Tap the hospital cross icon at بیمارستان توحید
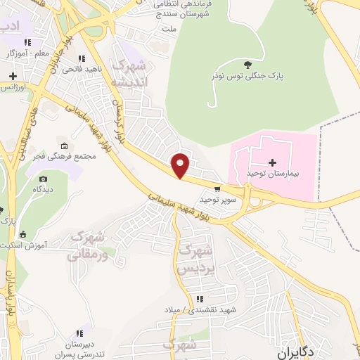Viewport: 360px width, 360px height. click(x=272, y=163)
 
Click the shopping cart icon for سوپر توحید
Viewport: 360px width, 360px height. click(x=217, y=188)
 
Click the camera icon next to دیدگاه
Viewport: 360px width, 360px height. click(x=41, y=179)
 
